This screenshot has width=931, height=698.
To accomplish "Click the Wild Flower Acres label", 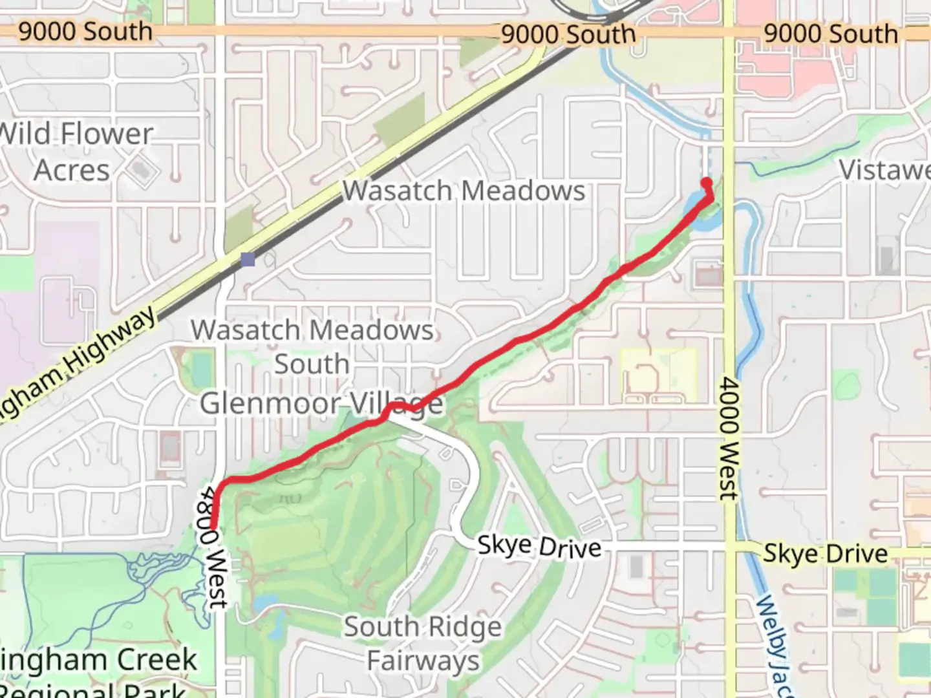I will [x=76, y=152].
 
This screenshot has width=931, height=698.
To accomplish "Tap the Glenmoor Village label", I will [x=321, y=404].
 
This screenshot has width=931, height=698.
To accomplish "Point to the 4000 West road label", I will [x=729, y=439].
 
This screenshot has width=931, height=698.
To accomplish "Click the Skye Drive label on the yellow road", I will [x=825, y=554].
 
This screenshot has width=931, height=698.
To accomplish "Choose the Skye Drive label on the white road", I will [x=539, y=547].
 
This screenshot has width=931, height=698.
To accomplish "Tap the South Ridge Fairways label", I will [x=423, y=644].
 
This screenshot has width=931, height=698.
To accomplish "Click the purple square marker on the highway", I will [x=248, y=260].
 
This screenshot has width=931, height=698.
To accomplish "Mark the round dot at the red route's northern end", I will [x=707, y=183].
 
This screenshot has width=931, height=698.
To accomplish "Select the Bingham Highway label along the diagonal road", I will [x=78, y=365].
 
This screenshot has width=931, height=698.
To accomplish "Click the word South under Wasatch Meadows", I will [x=312, y=364].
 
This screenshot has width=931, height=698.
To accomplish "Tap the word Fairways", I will [x=423, y=661].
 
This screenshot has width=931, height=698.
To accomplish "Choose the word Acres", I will [x=72, y=171].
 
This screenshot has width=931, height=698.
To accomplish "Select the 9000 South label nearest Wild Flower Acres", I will [x=85, y=31].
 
